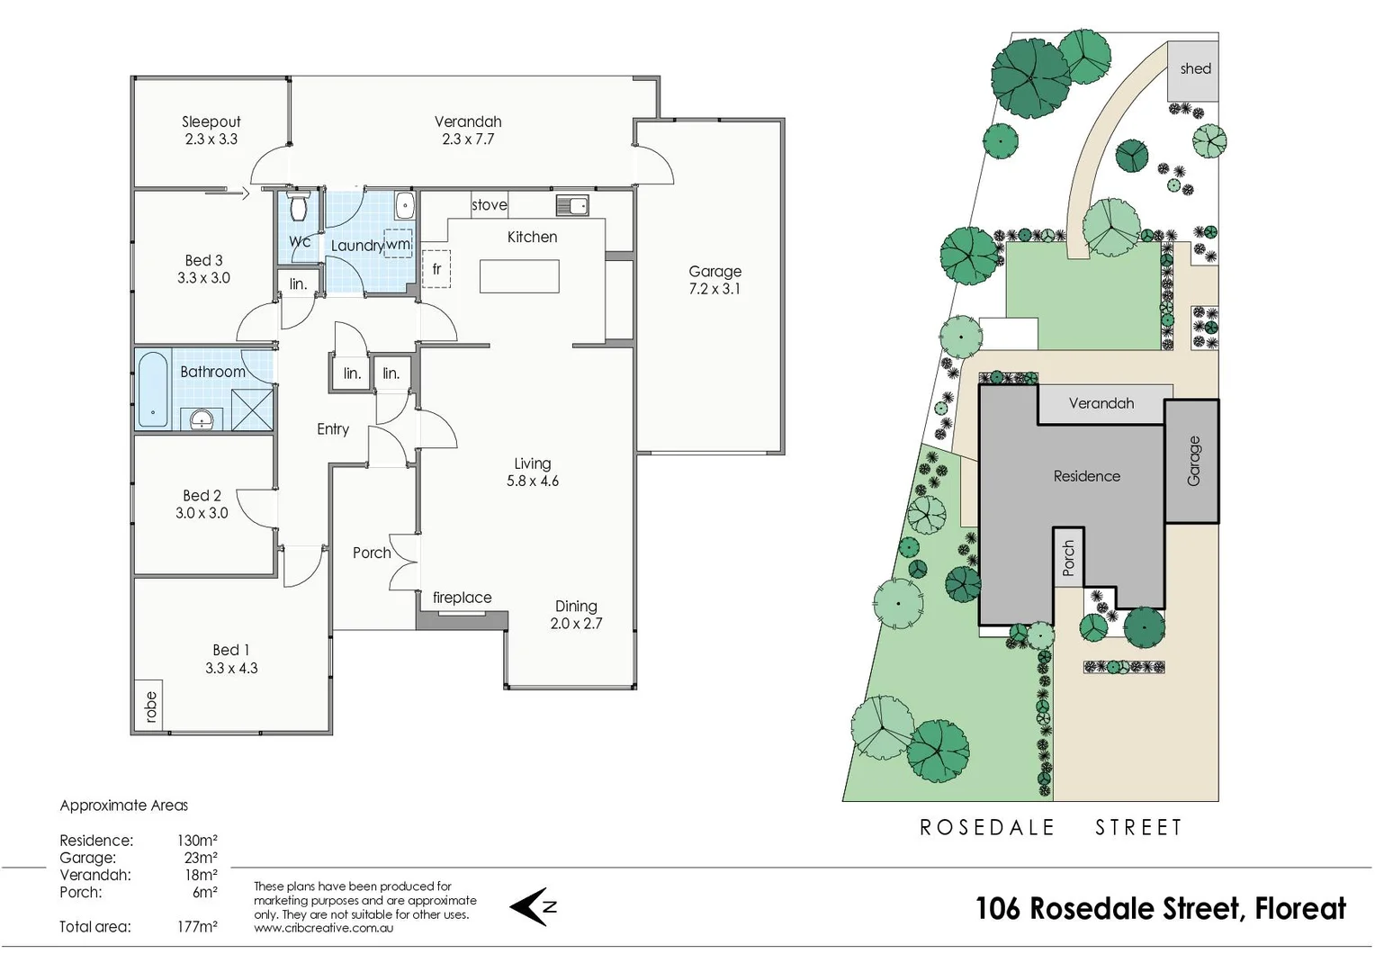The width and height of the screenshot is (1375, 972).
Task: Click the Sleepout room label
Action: pos(211,121)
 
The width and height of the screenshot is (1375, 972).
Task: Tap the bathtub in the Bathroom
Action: pos(152,390)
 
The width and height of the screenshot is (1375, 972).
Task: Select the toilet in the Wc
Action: pos(299,206)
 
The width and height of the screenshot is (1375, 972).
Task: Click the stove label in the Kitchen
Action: pos(489,205)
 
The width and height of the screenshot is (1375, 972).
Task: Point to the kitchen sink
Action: pos(572,205)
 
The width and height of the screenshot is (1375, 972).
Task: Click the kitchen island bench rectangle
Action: pos(519,276)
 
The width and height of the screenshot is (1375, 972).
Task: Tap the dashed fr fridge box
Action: pos(436,269)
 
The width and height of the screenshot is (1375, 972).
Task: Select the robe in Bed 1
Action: pos(149,706)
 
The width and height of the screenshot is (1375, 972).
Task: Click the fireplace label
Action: pos(462,598)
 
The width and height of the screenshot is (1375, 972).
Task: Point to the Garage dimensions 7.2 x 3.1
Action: pos(715,289)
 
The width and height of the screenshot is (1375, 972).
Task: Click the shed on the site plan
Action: pos(1194,69)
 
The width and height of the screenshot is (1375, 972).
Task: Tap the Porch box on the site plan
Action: pos(1068,558)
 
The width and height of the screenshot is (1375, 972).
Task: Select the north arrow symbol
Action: pos(533,906)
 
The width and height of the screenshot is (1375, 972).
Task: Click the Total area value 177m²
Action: pos(197,927)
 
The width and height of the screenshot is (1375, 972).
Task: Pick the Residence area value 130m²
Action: pos(197,841)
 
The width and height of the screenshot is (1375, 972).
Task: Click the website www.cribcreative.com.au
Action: pos(323,928)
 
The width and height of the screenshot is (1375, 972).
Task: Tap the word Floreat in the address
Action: pos(1300,909)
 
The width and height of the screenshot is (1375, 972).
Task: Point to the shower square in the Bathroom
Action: pos(252,409)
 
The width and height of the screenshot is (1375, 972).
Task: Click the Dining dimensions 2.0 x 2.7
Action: pos(576,624)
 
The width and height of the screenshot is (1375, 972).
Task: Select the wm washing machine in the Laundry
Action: pos(398,244)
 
